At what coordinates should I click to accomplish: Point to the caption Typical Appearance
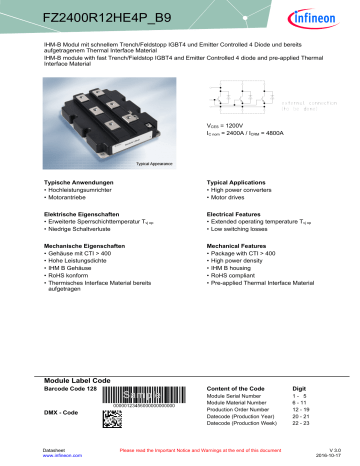click(143, 161)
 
